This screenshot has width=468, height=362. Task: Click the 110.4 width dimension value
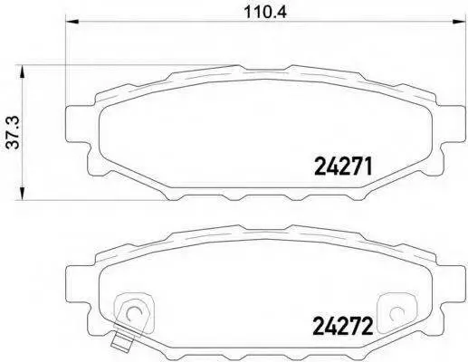point(264,12)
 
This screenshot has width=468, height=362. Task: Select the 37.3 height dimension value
point(14,132)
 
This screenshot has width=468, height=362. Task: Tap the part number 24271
point(343,167)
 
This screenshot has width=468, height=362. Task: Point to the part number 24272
point(343,326)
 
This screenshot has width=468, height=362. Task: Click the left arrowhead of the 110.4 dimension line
point(72,22)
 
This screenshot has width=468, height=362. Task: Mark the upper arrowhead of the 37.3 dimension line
point(22,71)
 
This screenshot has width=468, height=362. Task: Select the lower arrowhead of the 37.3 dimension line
point(22,193)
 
